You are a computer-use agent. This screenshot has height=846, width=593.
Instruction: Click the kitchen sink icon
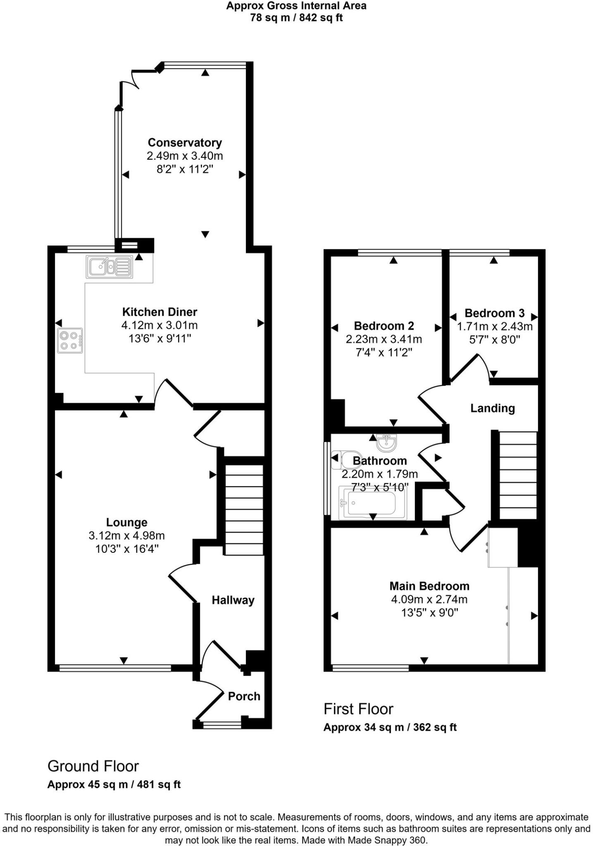[110, 266]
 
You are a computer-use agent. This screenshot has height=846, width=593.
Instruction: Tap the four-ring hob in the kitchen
[70, 340]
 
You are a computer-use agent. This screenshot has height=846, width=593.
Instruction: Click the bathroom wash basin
[387, 443]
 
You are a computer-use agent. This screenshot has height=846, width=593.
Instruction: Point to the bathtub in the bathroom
[372, 503]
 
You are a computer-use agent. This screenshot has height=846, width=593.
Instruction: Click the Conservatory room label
[185, 143]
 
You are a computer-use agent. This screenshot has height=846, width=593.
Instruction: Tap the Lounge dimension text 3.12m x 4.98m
[126, 536]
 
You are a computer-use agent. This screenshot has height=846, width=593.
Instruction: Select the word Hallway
[233, 600]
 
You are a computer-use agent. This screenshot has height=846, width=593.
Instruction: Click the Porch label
[244, 696]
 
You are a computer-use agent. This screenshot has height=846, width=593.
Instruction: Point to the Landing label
[492, 408]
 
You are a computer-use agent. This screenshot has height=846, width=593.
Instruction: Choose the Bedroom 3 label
[494, 313]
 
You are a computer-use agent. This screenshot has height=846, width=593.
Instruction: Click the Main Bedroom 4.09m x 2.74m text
[429, 599]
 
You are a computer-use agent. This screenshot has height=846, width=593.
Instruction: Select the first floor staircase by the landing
[518, 475]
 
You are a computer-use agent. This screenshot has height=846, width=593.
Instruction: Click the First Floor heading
[358, 709]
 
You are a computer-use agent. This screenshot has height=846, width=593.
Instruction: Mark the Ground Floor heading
[93, 766]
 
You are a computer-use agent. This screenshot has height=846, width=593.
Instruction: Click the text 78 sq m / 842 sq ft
[296, 18]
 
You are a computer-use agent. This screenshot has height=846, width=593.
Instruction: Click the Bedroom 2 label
[383, 326]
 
